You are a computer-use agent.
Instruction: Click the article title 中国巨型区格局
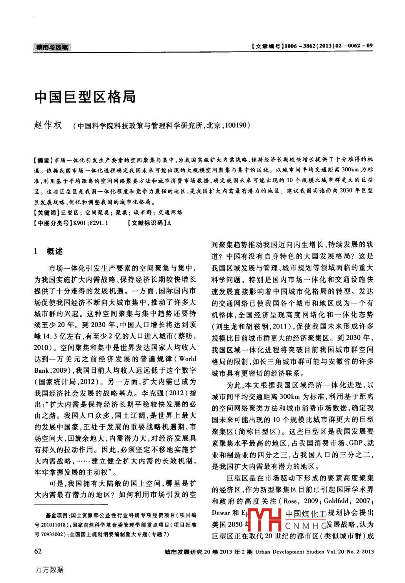point(85,97)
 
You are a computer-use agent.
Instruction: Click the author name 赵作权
point(48,125)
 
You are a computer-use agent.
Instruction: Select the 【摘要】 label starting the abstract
point(43,160)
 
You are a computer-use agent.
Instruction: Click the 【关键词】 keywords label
point(46,213)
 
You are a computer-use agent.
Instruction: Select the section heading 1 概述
point(49,251)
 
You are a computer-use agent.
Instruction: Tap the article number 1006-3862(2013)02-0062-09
point(328,46)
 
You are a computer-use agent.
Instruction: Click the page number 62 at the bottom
point(38,551)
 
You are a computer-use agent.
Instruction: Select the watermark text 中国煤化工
point(306,514)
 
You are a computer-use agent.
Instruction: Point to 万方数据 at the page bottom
point(50,570)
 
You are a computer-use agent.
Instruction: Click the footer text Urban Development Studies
point(289,552)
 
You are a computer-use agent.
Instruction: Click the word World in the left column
point(188,359)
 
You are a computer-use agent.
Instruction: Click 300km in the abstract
point(350,170)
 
